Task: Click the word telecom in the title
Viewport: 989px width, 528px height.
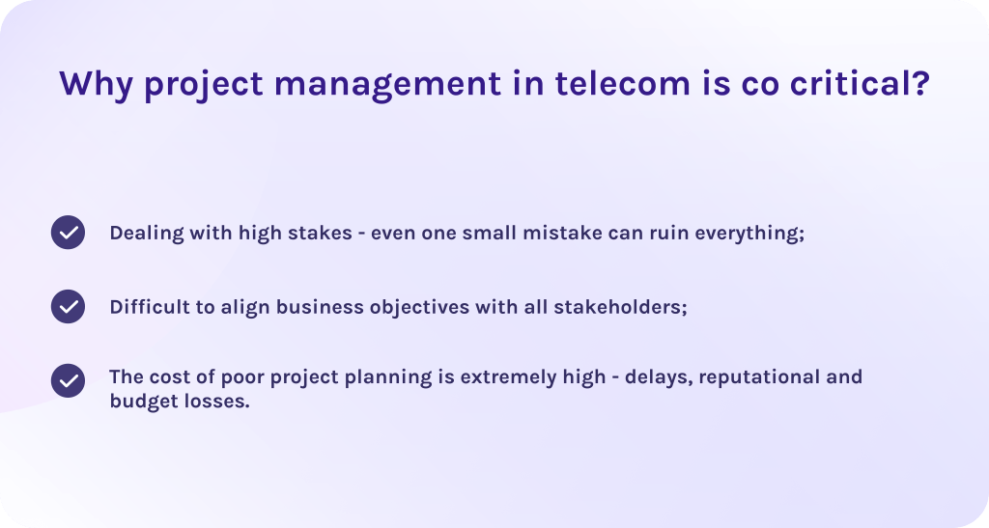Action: pyautogui.click(x=623, y=83)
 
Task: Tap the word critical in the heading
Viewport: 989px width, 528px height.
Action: pyautogui.click(x=853, y=83)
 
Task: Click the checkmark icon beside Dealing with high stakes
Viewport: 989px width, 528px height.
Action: pyautogui.click(x=69, y=232)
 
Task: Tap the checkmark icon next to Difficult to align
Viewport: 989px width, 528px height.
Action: pyautogui.click(x=69, y=306)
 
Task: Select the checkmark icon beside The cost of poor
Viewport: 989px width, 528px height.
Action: pyautogui.click(x=69, y=380)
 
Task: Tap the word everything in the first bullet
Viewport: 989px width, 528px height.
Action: pyautogui.click(x=748, y=234)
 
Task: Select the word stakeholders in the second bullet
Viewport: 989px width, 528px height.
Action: pyautogui.click(x=618, y=307)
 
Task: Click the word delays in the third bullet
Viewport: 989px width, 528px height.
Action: pyautogui.click(x=657, y=376)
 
